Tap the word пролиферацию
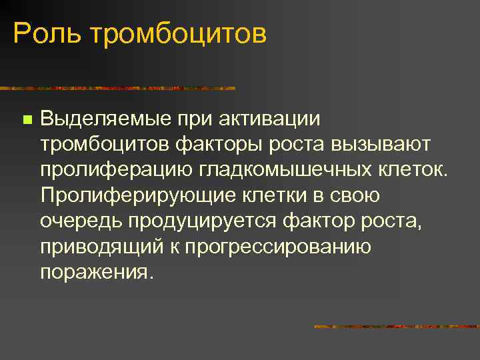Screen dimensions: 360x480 pos(115,171)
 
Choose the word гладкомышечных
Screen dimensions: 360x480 pos(284,171)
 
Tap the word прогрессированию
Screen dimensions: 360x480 pos(278,247)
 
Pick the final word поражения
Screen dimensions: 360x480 pos(96,272)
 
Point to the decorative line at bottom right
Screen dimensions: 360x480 pos(397,327)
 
